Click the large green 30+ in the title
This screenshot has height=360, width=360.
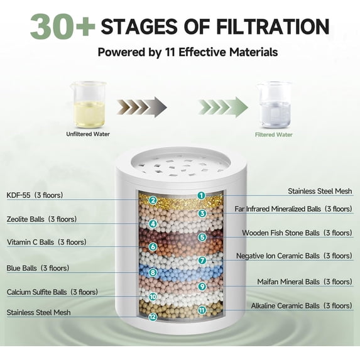(x=62, y=27)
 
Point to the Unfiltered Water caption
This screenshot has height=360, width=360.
(x=88, y=134)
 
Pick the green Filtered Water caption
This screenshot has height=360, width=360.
(x=273, y=134)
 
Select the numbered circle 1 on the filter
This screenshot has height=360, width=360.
(x=202, y=195)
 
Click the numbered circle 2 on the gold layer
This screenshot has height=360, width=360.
(x=152, y=201)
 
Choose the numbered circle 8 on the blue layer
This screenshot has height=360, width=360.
(x=152, y=273)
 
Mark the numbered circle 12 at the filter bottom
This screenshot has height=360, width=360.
(x=152, y=317)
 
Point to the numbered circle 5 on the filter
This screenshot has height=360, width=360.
(x=202, y=237)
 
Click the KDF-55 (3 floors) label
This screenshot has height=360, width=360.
(x=35, y=195)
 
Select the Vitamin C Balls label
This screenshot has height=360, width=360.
(x=46, y=242)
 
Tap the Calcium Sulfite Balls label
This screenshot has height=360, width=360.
(x=52, y=292)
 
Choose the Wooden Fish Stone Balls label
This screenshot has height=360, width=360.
(x=297, y=233)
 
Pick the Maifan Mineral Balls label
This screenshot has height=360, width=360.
(x=305, y=281)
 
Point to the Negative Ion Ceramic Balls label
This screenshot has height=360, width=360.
(x=294, y=256)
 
